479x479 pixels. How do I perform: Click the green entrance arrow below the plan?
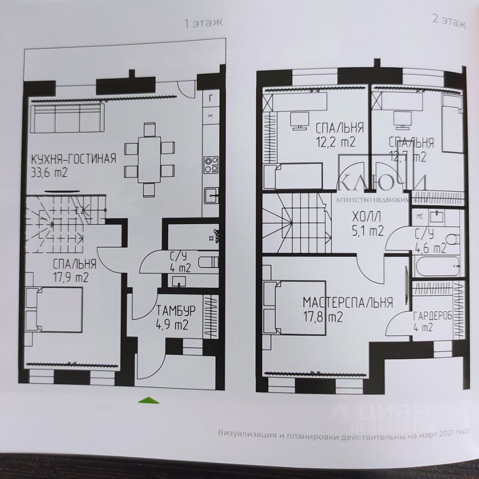(148, 399)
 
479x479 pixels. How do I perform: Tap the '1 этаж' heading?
(202, 23)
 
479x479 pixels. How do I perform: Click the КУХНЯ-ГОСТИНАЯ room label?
(73, 159)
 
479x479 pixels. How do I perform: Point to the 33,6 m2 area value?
(49, 173)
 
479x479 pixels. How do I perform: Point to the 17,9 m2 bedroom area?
(71, 277)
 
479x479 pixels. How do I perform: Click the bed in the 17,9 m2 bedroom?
(54, 310)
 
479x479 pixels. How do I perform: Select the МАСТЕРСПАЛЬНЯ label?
(348, 302)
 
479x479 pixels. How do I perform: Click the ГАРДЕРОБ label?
(432, 315)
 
